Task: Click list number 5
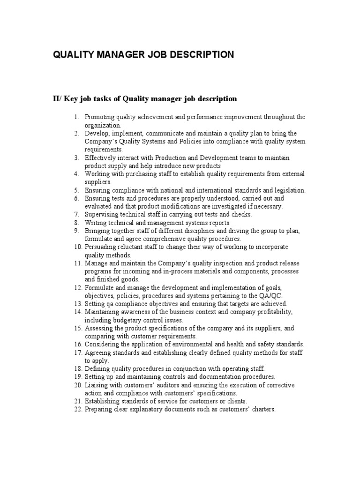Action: [76, 190]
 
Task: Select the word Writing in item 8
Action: [95, 223]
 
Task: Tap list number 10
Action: [78, 247]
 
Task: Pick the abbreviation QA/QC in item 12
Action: [271, 296]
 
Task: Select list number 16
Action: [78, 345]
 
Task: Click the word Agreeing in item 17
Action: [98, 352]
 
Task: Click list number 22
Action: [78, 409]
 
